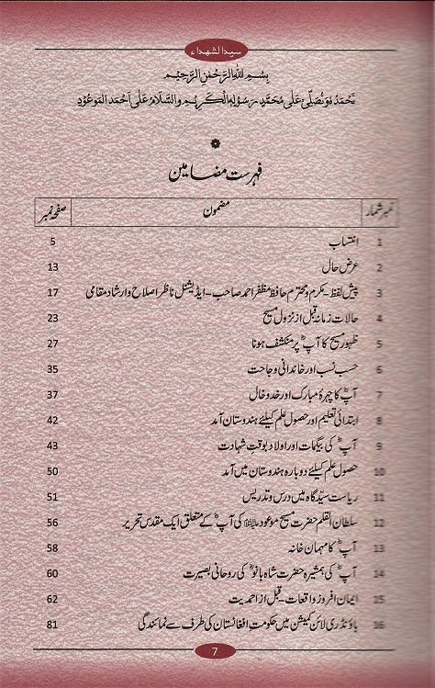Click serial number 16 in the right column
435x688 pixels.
378,626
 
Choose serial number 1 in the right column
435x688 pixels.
379,242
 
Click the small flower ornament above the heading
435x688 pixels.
217,141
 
